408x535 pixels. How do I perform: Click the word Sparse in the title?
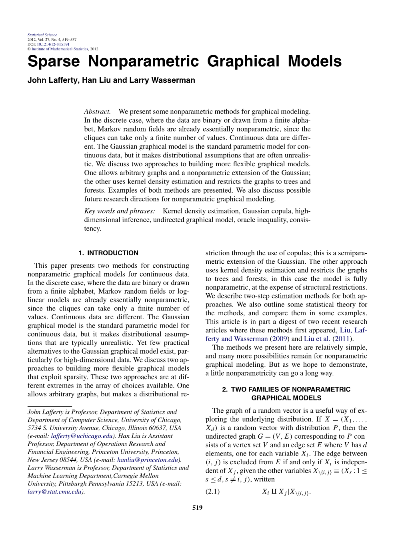pyautogui.click(x=53, y=62)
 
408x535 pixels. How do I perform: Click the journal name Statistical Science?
pyautogui.click(x=42, y=35)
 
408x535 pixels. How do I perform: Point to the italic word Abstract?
pyautogui.click(x=97, y=111)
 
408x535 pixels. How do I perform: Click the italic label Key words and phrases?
pyautogui.click(x=119, y=211)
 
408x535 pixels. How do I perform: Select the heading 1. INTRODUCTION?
pyautogui.click(x=108, y=253)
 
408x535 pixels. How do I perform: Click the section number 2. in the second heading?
pyautogui.click(x=225, y=389)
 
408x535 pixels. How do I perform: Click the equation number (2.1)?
pyautogui.click(x=212, y=491)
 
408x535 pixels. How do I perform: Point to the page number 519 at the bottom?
pyautogui.click(x=197, y=508)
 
